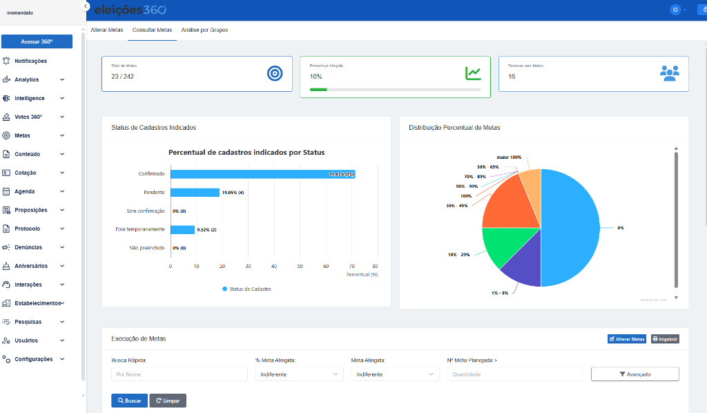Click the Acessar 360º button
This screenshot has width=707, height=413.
(x=37, y=41)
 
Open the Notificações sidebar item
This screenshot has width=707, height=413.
(x=30, y=61)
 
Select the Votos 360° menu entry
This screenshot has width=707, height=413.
(x=28, y=117)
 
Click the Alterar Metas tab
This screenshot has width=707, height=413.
(x=107, y=30)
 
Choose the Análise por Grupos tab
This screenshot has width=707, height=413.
(x=204, y=30)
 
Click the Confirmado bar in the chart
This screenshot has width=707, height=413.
(x=262, y=174)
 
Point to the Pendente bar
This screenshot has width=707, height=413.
(x=195, y=193)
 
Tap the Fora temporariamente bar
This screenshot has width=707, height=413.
(x=182, y=229)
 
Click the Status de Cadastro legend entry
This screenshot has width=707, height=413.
(x=246, y=289)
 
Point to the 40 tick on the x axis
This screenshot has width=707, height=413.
(x=274, y=266)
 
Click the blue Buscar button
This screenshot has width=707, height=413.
(x=129, y=401)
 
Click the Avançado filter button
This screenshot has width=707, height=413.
(x=635, y=374)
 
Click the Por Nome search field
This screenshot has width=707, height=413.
(x=179, y=374)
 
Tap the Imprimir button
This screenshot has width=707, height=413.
(x=665, y=339)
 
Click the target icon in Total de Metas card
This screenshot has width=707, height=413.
(x=275, y=73)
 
